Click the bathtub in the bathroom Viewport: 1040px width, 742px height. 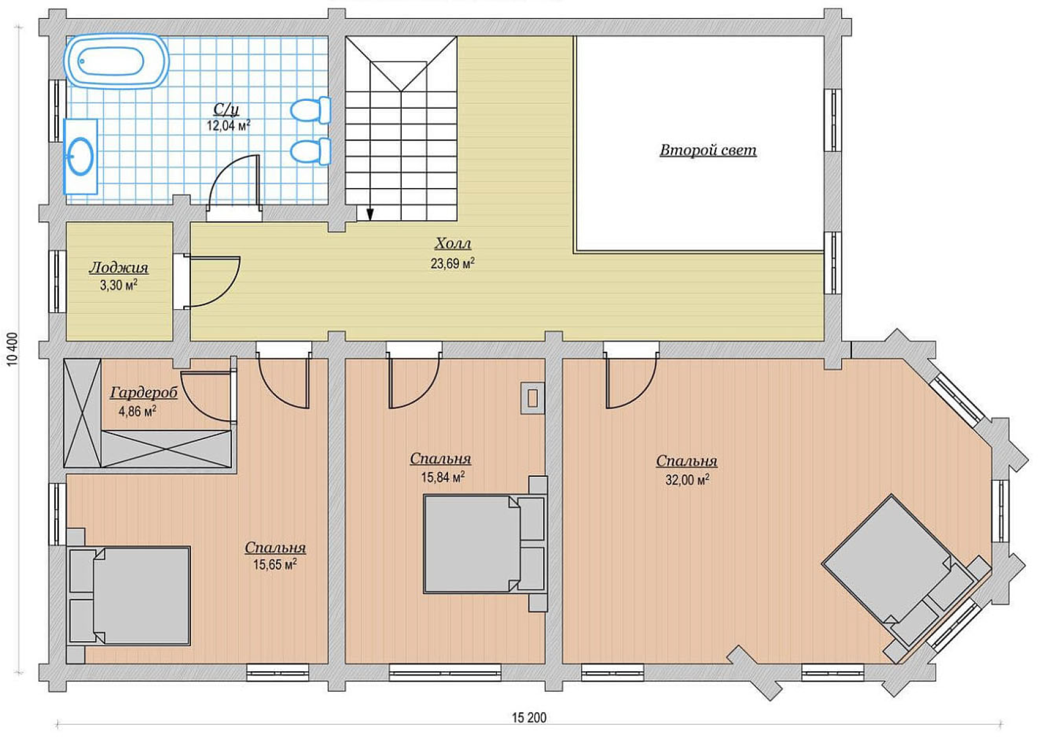tap(116, 60)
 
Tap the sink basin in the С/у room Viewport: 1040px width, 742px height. tap(80, 156)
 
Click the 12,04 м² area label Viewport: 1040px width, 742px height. tap(228, 125)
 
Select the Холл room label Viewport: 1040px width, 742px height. tap(453, 244)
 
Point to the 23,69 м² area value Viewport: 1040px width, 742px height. tap(453, 263)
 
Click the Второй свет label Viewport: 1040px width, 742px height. tap(708, 150)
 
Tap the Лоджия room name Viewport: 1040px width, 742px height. tap(118, 268)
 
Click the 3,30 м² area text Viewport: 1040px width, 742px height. tap(118, 285)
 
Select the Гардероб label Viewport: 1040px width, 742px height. tap(144, 393)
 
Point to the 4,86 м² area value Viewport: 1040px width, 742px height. tap(137, 411)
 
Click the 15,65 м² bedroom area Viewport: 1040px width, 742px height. tap(275, 564)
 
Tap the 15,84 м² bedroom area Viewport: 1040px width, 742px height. tap(443, 477)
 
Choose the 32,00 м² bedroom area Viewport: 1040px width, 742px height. tap(687, 479)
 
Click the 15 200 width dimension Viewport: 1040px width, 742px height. tap(529, 718)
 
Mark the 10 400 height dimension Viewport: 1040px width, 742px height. tap(13, 349)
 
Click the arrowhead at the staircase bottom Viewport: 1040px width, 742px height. tap(370, 214)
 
